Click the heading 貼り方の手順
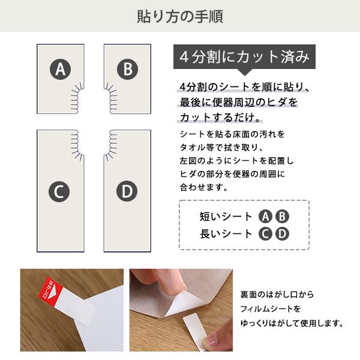click(x=180, y=16)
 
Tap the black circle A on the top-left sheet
click(x=59, y=70)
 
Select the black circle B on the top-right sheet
click(x=127, y=70)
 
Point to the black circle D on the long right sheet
click(x=127, y=192)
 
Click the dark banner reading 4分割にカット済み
click(x=244, y=58)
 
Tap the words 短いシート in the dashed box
click(x=226, y=217)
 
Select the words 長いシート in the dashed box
click(x=226, y=234)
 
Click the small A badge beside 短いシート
click(x=265, y=217)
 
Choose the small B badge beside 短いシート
click(x=281, y=217)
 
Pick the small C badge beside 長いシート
click(x=265, y=234)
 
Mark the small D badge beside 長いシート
click(x=281, y=234)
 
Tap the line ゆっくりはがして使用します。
click(x=292, y=323)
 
